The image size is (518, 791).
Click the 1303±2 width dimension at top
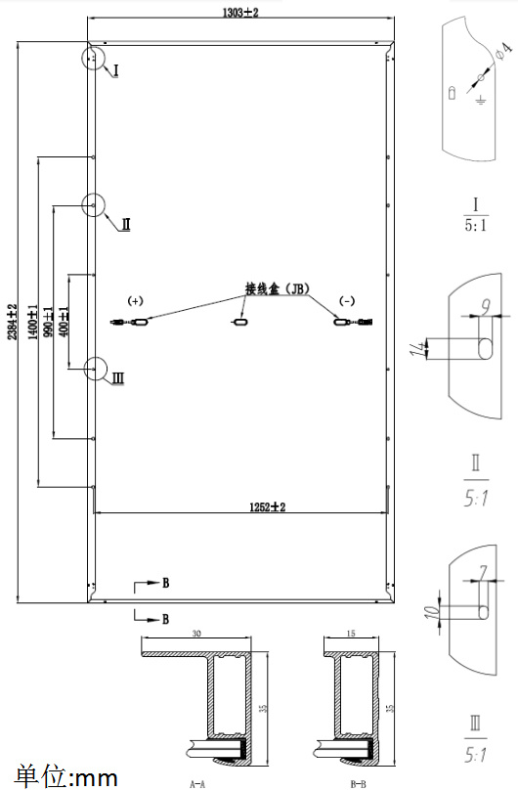click(x=240, y=13)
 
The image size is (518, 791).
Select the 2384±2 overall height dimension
click(x=12, y=322)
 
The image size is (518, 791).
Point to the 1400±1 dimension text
click(x=33, y=322)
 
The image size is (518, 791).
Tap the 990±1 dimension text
click(x=49, y=322)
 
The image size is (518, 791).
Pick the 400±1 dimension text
click(x=64, y=322)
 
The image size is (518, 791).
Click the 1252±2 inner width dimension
click(x=268, y=507)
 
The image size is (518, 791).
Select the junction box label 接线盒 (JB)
click(x=277, y=288)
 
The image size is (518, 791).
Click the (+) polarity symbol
click(x=135, y=301)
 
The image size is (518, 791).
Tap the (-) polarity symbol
click(x=347, y=301)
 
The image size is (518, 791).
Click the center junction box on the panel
click(x=240, y=322)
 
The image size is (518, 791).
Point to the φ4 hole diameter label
click(x=503, y=51)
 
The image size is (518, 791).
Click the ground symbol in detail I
click(x=481, y=100)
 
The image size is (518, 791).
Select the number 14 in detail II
click(x=416, y=348)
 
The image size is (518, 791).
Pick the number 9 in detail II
click(x=485, y=306)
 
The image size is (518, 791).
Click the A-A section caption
click(x=197, y=784)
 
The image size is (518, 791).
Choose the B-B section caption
click(x=358, y=784)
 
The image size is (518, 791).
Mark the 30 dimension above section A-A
click(x=196, y=634)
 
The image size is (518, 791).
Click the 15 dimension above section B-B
click(x=351, y=634)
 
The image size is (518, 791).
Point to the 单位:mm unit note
click(x=66, y=777)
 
